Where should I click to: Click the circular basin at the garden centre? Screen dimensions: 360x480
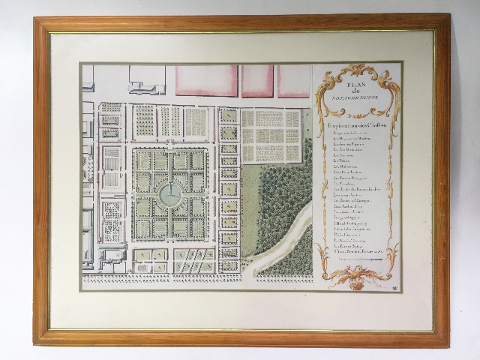pos(169,194)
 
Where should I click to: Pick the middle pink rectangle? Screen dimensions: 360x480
pos(256,80)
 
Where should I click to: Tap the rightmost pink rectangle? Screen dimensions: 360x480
pos(293,80)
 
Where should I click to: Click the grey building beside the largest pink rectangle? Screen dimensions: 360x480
pos(148,79)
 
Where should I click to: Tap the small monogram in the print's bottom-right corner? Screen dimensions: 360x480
pos(395,286)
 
